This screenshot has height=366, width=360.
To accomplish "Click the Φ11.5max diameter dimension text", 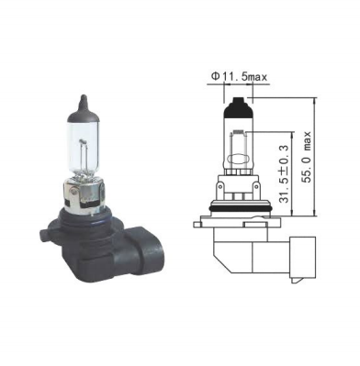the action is point(239,77).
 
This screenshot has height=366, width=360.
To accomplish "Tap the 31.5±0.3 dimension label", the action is point(285,174).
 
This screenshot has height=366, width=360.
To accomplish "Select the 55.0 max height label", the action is point(306,157).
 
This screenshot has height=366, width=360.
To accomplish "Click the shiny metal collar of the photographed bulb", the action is point(84,194).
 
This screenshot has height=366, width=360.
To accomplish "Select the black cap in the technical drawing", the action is point(239,107).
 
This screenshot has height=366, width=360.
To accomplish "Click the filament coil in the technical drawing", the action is point(239,133).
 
